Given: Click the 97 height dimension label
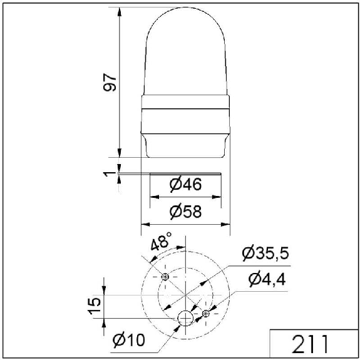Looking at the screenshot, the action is [110, 83].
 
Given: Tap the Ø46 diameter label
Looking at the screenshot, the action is [185, 184].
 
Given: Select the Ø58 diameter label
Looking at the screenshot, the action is [185, 212].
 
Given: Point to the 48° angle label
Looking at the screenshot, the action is [161, 241].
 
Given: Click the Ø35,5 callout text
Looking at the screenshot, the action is [265, 254].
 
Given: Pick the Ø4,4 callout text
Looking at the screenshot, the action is [267, 280].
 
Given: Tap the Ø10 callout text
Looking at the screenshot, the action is [129, 340].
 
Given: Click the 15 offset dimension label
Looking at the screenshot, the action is [95, 306].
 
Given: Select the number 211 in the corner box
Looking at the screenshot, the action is [310, 344].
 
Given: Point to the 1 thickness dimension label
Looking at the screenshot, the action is [107, 174].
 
